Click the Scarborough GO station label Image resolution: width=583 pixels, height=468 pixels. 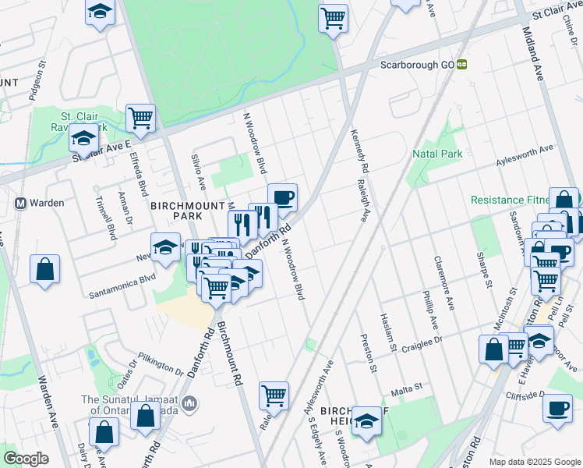click(x=416, y=66)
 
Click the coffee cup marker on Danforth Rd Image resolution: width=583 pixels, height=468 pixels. click(x=282, y=197)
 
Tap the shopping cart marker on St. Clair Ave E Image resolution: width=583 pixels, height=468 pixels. click(x=140, y=118)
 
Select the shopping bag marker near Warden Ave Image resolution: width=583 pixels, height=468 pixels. click(x=45, y=268)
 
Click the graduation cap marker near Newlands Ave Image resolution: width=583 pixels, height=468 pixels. click(x=165, y=247)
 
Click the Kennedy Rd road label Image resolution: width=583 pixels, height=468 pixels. click(x=359, y=151)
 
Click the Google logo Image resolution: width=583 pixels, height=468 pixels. click(x=26, y=459)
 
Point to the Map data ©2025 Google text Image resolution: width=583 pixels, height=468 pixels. click(x=535, y=462)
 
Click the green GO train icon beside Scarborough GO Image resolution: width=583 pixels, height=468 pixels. click(x=461, y=66)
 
